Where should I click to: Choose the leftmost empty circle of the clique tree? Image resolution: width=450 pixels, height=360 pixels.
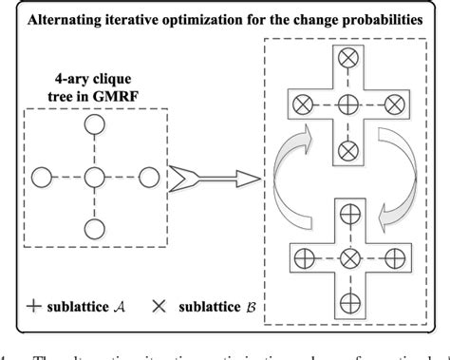click(x=40, y=177)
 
